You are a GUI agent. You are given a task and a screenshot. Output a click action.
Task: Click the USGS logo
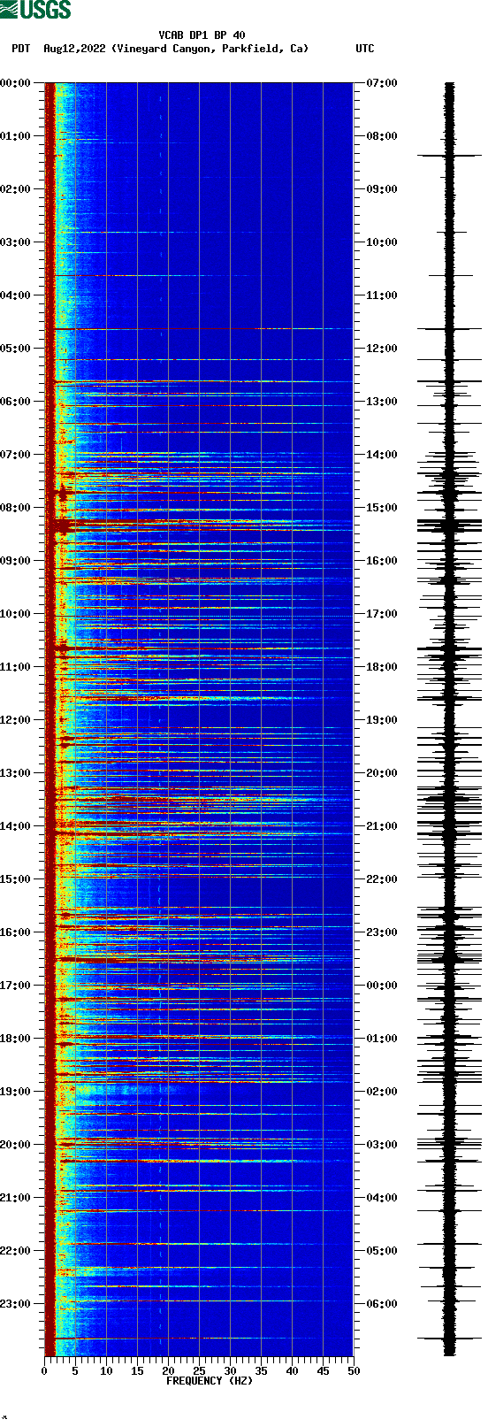(x=35, y=10)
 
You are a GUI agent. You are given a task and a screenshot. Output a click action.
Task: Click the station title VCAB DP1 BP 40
(x=202, y=35)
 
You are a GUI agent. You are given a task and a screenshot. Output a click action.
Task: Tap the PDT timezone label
(x=20, y=49)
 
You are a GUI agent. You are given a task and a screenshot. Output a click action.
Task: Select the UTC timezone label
(x=364, y=49)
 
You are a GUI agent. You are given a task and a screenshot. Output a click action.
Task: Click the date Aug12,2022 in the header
(x=74, y=49)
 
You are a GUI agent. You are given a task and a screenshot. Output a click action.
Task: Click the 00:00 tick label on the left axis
(x=17, y=83)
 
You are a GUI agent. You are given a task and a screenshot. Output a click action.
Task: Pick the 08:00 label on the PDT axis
(x=17, y=508)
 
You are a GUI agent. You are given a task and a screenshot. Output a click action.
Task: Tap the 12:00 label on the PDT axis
(x=17, y=720)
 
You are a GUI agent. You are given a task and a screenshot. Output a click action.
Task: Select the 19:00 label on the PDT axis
(x=17, y=1092)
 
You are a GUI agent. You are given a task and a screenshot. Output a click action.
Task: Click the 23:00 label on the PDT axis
(x=17, y=1304)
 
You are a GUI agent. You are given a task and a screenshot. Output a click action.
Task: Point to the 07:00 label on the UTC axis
(x=382, y=83)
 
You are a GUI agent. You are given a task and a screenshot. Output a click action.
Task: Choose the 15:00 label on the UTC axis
(x=382, y=508)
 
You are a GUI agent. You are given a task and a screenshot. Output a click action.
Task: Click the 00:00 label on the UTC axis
(x=382, y=986)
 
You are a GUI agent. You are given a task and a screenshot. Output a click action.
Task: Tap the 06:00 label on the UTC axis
(x=382, y=1304)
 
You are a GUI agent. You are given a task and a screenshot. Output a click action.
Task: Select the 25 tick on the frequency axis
(x=199, y=1371)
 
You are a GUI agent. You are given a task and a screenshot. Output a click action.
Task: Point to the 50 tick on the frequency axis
(x=353, y=1371)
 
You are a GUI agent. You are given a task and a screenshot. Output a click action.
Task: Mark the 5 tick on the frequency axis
(x=75, y=1371)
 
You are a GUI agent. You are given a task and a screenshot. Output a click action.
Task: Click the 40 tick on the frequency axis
(x=292, y=1371)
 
